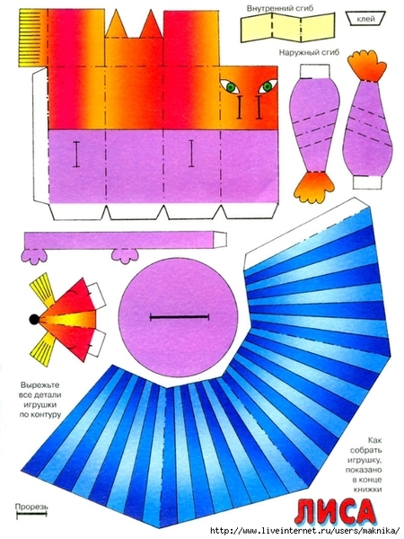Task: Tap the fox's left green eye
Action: pos(232,86)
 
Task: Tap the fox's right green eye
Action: pos(268,86)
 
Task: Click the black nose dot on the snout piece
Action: pos(34,319)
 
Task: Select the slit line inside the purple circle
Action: pos(180,316)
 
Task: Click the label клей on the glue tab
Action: pos(365,19)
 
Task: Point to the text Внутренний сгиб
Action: pos(280,8)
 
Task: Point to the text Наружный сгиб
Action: pos(309,52)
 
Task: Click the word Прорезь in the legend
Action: pos(31,507)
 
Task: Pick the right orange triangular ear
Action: pos(152,24)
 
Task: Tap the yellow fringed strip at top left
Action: pos(32,38)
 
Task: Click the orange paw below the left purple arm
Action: pos(315,187)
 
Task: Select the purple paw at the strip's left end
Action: pos(33,256)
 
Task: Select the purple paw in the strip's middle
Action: pos(126,256)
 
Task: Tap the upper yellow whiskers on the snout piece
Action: pos(43,289)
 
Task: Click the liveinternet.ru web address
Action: pos(304,530)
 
